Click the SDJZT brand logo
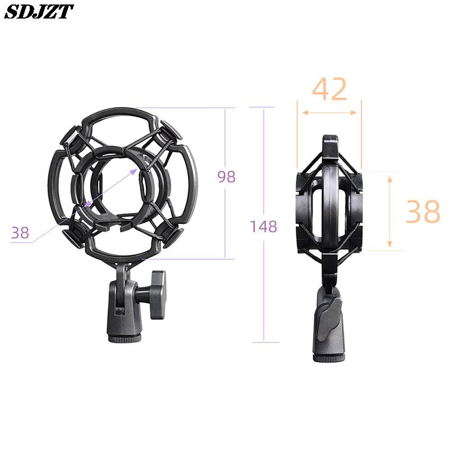[x=39, y=12]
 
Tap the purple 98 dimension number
[x=227, y=177]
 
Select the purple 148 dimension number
[x=263, y=226]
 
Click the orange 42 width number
[x=329, y=89]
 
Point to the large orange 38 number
[x=423, y=212]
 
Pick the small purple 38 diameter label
[x=20, y=232]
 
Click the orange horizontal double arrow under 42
[x=329, y=113]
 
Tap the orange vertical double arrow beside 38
[x=390, y=212]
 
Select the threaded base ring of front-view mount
[x=125, y=340]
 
